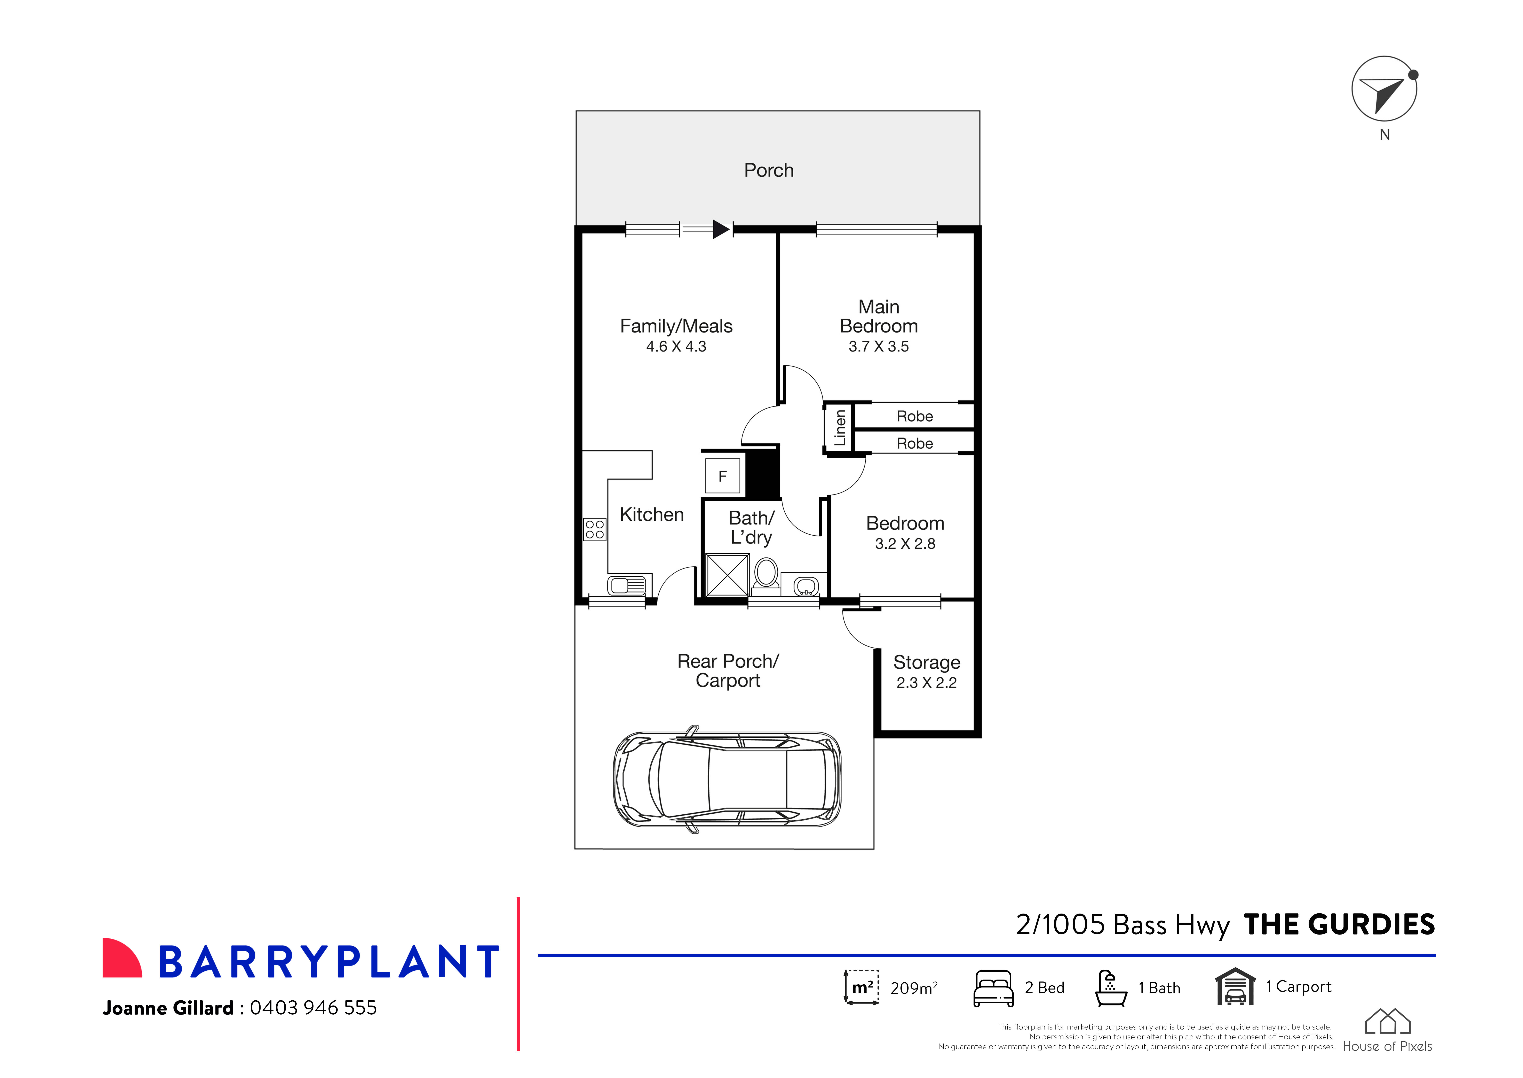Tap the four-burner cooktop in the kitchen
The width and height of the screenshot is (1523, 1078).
(595, 529)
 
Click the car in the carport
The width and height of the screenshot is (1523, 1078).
(728, 779)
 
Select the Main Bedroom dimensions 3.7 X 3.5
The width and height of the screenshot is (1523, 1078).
(878, 347)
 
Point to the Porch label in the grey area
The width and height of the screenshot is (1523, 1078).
(769, 171)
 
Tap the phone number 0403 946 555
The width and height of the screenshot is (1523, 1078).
(313, 1008)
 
